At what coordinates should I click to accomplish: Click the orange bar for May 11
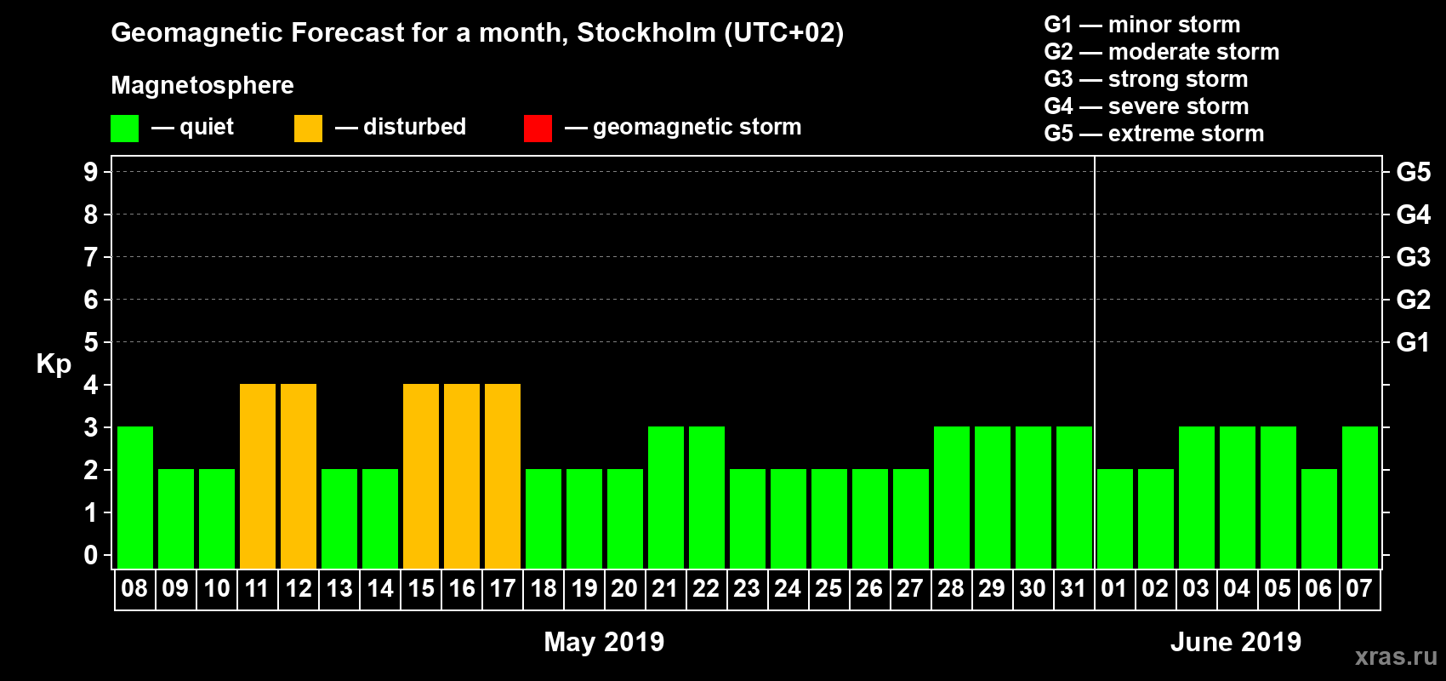click(x=258, y=476)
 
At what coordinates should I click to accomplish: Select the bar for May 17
click(x=503, y=476)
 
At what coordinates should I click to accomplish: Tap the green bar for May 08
click(x=135, y=497)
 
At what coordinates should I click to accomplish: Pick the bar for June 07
click(x=1360, y=497)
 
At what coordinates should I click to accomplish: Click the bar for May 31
click(x=1074, y=497)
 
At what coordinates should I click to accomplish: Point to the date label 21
click(x=665, y=589)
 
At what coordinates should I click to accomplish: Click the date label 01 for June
click(x=1114, y=589)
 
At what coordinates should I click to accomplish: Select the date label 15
click(x=421, y=589)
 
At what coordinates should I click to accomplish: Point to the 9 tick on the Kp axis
click(x=91, y=172)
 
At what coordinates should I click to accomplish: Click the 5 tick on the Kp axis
click(x=91, y=342)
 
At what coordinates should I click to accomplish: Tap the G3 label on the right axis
click(x=1413, y=257)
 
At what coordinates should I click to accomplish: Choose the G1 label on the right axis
click(x=1413, y=342)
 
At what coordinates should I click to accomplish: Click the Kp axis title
click(x=54, y=364)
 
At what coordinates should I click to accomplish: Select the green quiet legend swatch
click(x=125, y=129)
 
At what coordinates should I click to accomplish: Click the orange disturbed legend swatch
click(x=308, y=129)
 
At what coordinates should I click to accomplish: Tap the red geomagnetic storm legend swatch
click(x=538, y=129)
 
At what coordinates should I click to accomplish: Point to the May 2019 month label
click(x=604, y=642)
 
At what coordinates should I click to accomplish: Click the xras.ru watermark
click(x=1395, y=656)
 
